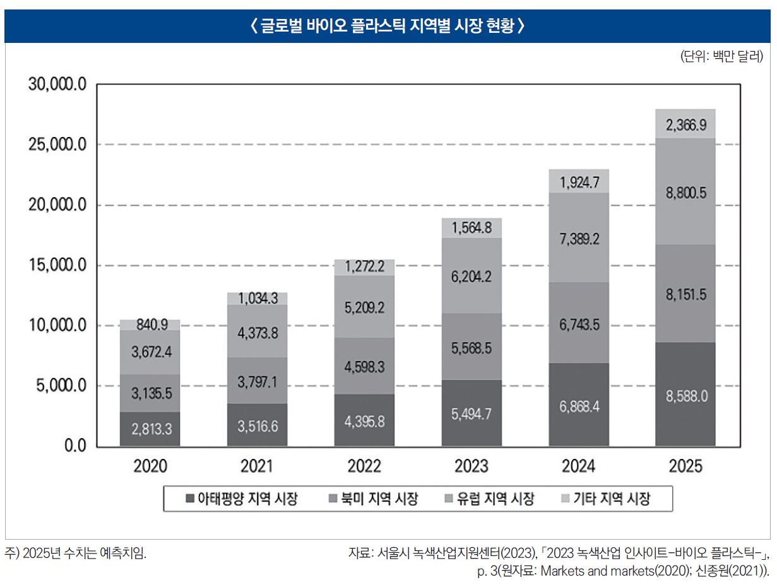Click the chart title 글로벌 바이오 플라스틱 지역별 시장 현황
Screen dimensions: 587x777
388,27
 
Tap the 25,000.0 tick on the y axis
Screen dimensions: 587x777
56,145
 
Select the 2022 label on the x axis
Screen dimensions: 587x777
364,467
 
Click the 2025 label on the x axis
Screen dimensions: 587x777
685,467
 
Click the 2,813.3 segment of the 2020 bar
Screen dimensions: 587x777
151,430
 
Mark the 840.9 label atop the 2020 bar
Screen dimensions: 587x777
151,325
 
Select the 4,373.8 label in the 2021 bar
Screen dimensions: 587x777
258,333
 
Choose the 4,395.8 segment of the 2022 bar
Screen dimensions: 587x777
364,421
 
